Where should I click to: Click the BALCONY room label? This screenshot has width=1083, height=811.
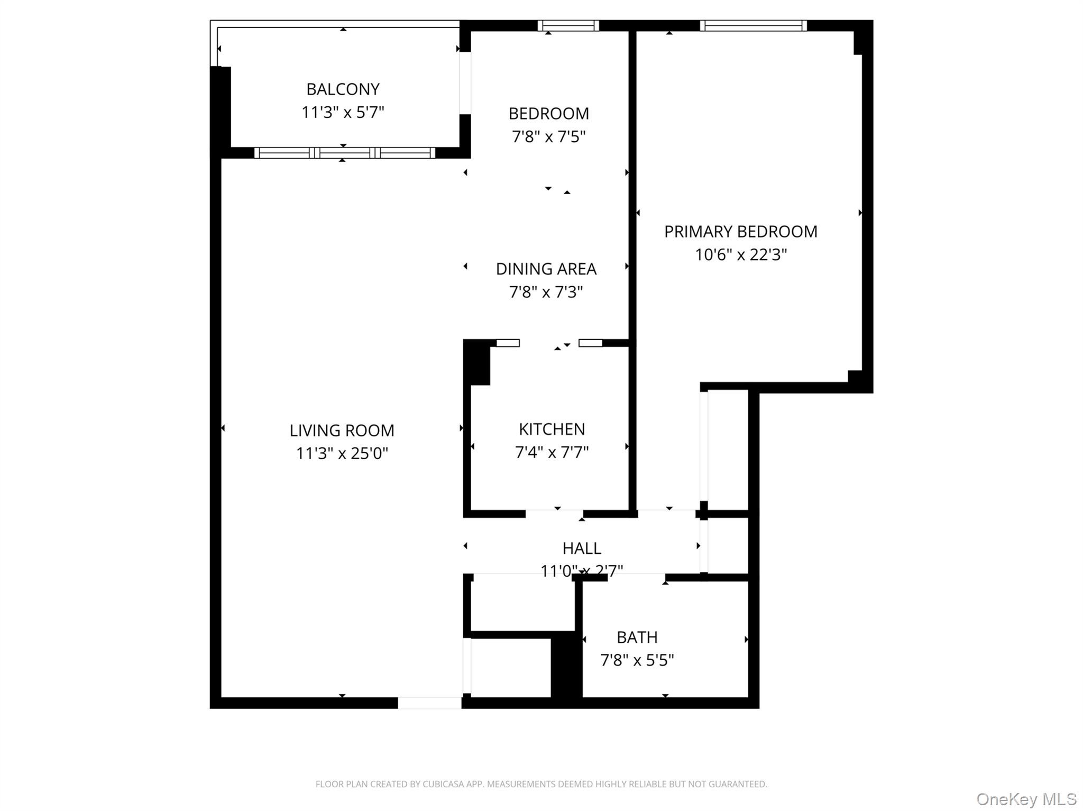tap(343, 89)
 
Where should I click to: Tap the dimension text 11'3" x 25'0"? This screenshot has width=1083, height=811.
tap(342, 453)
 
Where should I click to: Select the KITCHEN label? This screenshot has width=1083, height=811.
tap(552, 429)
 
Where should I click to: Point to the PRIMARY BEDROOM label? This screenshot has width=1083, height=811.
tap(740, 232)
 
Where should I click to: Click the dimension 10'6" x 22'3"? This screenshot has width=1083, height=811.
tap(740, 255)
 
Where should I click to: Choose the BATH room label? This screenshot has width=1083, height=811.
tap(637, 637)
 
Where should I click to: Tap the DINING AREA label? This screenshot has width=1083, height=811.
tap(546, 269)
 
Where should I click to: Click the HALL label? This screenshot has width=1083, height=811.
tap(582, 548)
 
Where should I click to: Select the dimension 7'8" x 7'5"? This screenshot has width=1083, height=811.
tap(548, 137)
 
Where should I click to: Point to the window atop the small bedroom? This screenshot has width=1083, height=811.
tap(568, 25)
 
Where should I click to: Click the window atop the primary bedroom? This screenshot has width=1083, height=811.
tap(753, 25)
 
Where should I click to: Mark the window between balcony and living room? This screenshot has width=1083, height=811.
tap(344, 153)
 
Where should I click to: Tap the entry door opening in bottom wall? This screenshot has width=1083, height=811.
tap(429, 703)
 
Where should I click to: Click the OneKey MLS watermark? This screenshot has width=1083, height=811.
tap(1026, 799)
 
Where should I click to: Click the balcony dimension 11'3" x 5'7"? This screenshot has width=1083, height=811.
tap(343, 113)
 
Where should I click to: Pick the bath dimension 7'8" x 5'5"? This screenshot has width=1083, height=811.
tap(637, 660)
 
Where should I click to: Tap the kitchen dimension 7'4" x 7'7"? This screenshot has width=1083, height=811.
tap(552, 452)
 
